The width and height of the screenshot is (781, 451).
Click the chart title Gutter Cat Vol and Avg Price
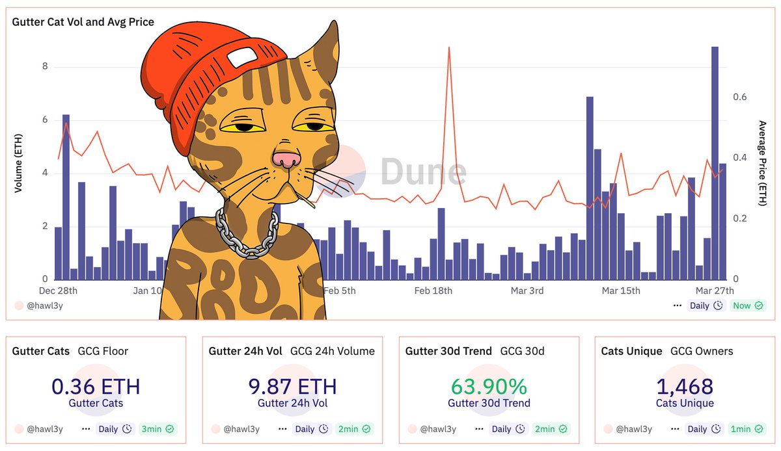point(83,22)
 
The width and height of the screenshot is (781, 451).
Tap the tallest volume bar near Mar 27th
point(715,162)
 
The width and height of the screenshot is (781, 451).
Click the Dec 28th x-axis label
point(58,290)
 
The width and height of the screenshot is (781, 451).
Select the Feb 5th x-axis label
point(340,290)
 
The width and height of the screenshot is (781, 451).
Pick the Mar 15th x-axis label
point(621,290)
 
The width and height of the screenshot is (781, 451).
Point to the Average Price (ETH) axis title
point(763,164)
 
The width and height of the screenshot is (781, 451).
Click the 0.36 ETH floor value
point(96,387)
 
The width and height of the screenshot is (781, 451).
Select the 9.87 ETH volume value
point(293,387)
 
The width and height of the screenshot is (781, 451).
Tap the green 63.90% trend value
point(489,387)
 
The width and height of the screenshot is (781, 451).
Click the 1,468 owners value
point(685,387)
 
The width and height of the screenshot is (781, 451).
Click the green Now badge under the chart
point(748,305)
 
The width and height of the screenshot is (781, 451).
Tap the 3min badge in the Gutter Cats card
point(156,429)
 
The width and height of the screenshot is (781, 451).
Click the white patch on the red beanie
point(242,57)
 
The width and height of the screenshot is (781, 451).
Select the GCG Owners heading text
point(702,351)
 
